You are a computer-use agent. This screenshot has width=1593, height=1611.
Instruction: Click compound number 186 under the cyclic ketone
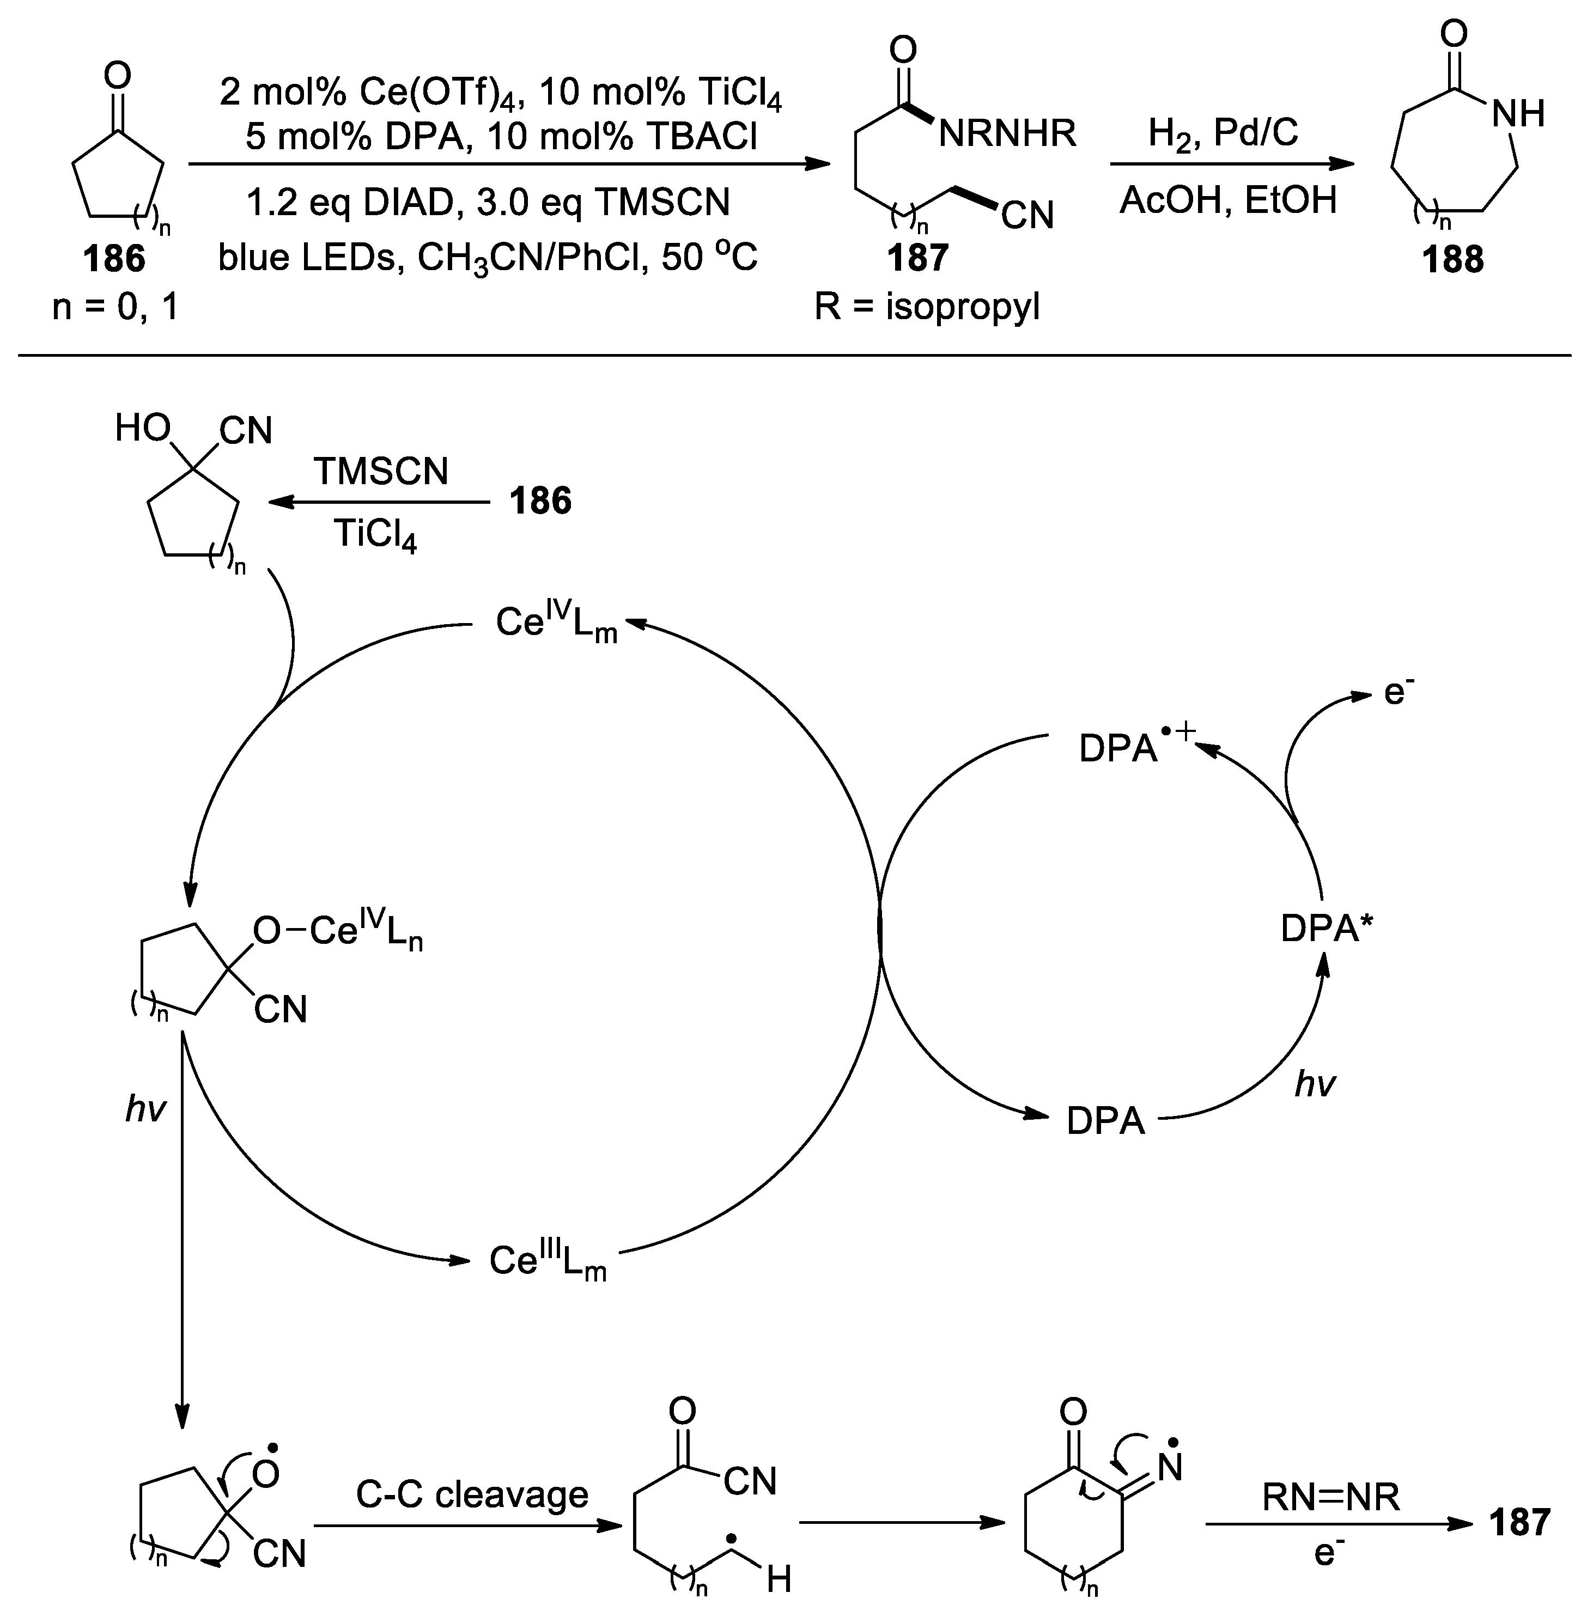114,259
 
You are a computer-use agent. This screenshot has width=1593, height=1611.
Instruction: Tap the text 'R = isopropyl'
927,307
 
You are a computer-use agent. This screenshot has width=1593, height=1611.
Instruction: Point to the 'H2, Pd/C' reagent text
1223,132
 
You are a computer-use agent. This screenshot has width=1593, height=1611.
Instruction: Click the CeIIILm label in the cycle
547,1261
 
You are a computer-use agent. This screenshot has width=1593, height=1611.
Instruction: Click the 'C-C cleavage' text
472,1494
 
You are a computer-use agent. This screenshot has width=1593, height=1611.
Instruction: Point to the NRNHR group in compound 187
1007,133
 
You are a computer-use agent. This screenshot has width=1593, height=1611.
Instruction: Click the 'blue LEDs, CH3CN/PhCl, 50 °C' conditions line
488,259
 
